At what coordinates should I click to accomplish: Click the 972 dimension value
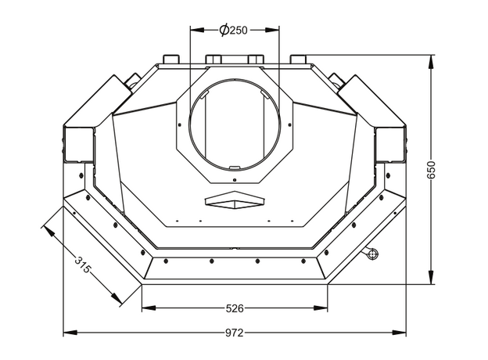pos(235,333)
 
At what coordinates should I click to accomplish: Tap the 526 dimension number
pos(235,308)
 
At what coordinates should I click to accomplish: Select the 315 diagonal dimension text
pos(83,265)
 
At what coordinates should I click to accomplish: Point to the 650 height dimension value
pos(432,170)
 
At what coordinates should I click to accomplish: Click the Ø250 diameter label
pos(233,30)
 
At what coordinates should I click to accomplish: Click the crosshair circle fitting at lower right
pos(372,254)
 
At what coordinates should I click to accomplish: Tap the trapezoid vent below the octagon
pos(235,200)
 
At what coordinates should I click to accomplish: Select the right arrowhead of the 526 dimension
pos(321,308)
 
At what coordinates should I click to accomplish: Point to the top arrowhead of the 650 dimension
pos(431,62)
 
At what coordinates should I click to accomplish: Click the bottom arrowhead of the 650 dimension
pos(431,277)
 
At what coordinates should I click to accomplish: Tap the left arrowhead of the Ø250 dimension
pos(197,30)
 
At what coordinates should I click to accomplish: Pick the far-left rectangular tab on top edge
pos(170,59)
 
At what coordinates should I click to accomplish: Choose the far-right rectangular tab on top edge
pos(299,59)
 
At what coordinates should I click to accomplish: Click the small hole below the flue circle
pos(235,180)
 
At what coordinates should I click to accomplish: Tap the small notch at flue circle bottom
pos(234,168)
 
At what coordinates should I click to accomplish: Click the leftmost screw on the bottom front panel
pos(166,261)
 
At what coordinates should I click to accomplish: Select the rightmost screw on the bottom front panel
pos(303,261)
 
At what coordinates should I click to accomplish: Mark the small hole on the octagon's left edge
pos(180,125)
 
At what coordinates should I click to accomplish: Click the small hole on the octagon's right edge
pos(289,125)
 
